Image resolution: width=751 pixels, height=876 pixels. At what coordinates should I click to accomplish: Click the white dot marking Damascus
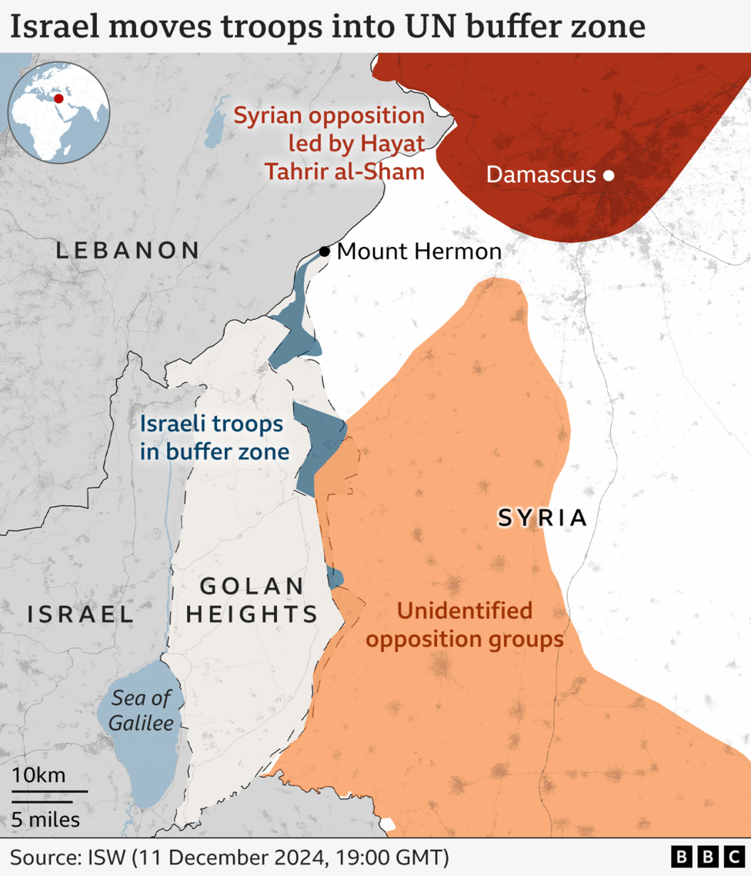click(609, 175)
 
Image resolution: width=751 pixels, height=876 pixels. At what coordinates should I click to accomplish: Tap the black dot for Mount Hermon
click(325, 251)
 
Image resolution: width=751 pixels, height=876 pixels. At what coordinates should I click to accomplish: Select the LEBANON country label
click(127, 250)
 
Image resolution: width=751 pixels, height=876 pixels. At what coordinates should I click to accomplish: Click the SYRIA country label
click(542, 518)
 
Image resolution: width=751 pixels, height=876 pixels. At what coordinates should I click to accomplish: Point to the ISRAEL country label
click(81, 614)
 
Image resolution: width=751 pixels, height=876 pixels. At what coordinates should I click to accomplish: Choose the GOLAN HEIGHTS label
click(252, 601)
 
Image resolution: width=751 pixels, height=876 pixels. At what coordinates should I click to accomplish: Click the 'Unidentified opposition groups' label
click(465, 625)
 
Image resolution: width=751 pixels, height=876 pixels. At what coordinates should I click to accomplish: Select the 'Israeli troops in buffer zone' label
click(215, 438)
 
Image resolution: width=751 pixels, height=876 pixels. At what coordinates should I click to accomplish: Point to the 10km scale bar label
click(38, 774)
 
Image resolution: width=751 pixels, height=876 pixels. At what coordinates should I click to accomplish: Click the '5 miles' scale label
click(45, 820)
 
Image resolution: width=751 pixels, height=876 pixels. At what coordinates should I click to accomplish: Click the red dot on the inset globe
click(58, 98)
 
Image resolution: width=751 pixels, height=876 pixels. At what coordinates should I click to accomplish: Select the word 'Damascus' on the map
click(541, 175)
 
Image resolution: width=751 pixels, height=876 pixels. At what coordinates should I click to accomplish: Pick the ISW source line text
click(229, 857)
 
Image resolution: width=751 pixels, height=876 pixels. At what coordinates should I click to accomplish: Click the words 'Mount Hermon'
click(419, 251)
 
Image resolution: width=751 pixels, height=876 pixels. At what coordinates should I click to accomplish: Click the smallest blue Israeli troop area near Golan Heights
click(334, 577)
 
